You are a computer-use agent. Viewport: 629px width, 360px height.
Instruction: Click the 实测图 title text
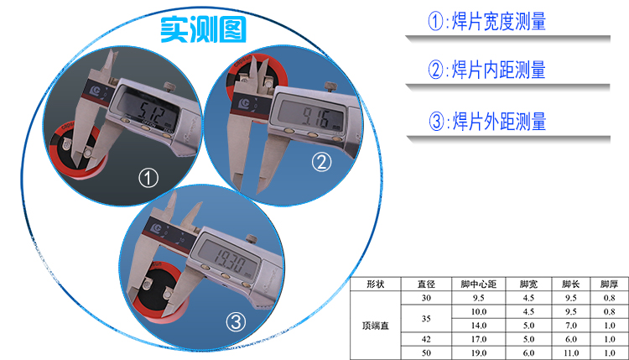(203, 29)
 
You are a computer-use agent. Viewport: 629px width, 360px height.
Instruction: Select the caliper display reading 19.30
(229, 258)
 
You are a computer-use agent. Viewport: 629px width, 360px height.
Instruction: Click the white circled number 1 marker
(148, 178)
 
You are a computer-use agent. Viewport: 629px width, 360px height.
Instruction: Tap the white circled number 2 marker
(322, 162)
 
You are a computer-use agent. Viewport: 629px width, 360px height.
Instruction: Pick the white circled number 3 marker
(236, 321)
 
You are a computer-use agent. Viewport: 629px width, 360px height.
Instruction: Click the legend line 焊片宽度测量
(487, 21)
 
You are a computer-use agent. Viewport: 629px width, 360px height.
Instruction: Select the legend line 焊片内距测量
(487, 70)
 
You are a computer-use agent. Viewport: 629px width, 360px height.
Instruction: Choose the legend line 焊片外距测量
(487, 121)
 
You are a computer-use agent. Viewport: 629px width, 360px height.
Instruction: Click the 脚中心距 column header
(479, 284)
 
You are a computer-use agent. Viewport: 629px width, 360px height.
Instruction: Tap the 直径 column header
(426, 284)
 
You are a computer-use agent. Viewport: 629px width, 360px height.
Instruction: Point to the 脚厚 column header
(609, 284)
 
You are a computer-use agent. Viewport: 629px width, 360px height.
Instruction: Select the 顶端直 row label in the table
(376, 326)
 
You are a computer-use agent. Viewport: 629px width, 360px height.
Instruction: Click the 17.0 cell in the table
(479, 340)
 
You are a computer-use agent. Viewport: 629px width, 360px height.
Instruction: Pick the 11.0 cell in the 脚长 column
(571, 353)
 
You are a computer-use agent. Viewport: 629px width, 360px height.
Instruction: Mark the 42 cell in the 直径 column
(426, 340)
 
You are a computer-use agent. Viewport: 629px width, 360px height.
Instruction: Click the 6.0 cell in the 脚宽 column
(528, 353)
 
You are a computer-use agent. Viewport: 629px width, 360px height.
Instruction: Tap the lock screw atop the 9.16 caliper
(330, 86)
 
